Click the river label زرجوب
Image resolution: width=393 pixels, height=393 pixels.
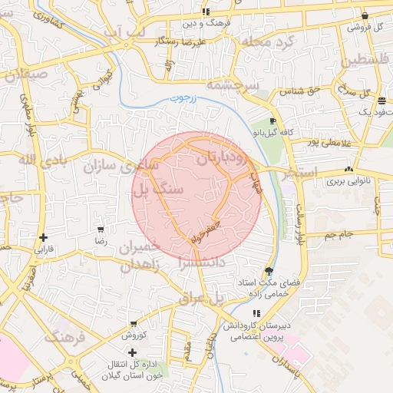(183, 99)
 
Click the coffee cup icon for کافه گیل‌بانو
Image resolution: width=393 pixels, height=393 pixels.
(272, 122)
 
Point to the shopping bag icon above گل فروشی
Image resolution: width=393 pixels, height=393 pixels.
(365, 15)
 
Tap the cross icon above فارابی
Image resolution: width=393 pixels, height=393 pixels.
(44, 237)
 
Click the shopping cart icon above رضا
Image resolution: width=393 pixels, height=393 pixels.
(101, 229)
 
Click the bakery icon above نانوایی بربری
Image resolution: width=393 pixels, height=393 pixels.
(349, 169)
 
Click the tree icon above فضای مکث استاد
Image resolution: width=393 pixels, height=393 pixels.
(268, 271)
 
